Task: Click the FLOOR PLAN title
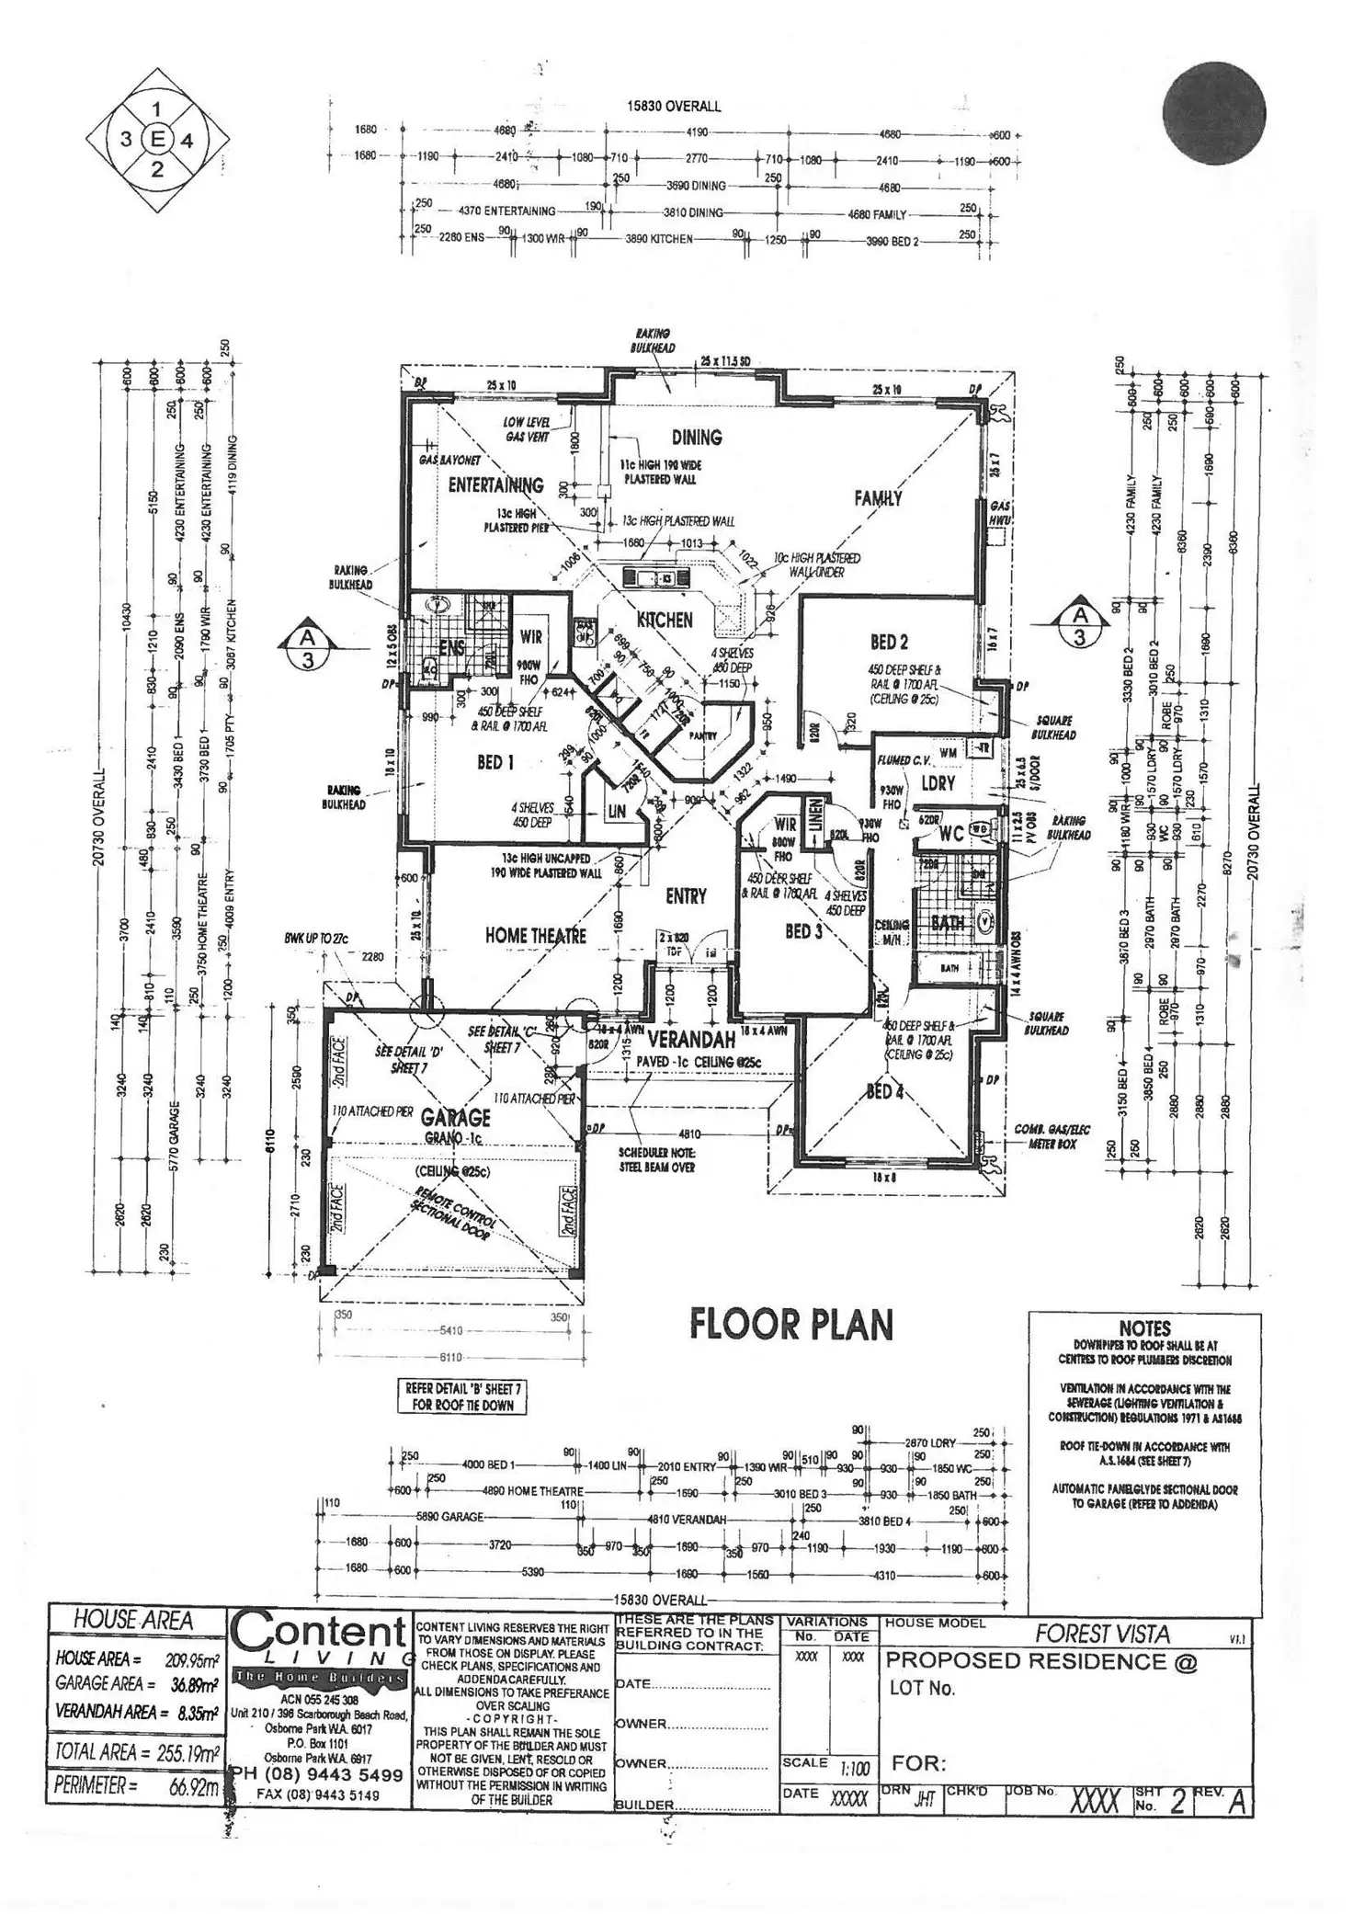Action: pyautogui.click(x=790, y=1325)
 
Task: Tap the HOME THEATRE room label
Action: pyautogui.click(x=535, y=936)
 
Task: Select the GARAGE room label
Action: pyautogui.click(x=455, y=1118)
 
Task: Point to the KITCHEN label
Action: pyautogui.click(x=665, y=620)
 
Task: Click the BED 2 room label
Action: pyautogui.click(x=889, y=642)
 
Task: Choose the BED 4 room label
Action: pyautogui.click(x=884, y=1091)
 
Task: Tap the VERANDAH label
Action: pyautogui.click(x=691, y=1040)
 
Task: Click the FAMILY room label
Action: pyautogui.click(x=878, y=498)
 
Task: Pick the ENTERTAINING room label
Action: pyautogui.click(x=495, y=484)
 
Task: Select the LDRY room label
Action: pyautogui.click(x=938, y=783)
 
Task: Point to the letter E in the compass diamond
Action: pyautogui.click(x=157, y=140)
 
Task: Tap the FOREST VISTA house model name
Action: pyautogui.click(x=1102, y=1634)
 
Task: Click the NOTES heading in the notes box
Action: pyautogui.click(x=1144, y=1328)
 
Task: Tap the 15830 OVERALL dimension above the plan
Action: pyautogui.click(x=674, y=106)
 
